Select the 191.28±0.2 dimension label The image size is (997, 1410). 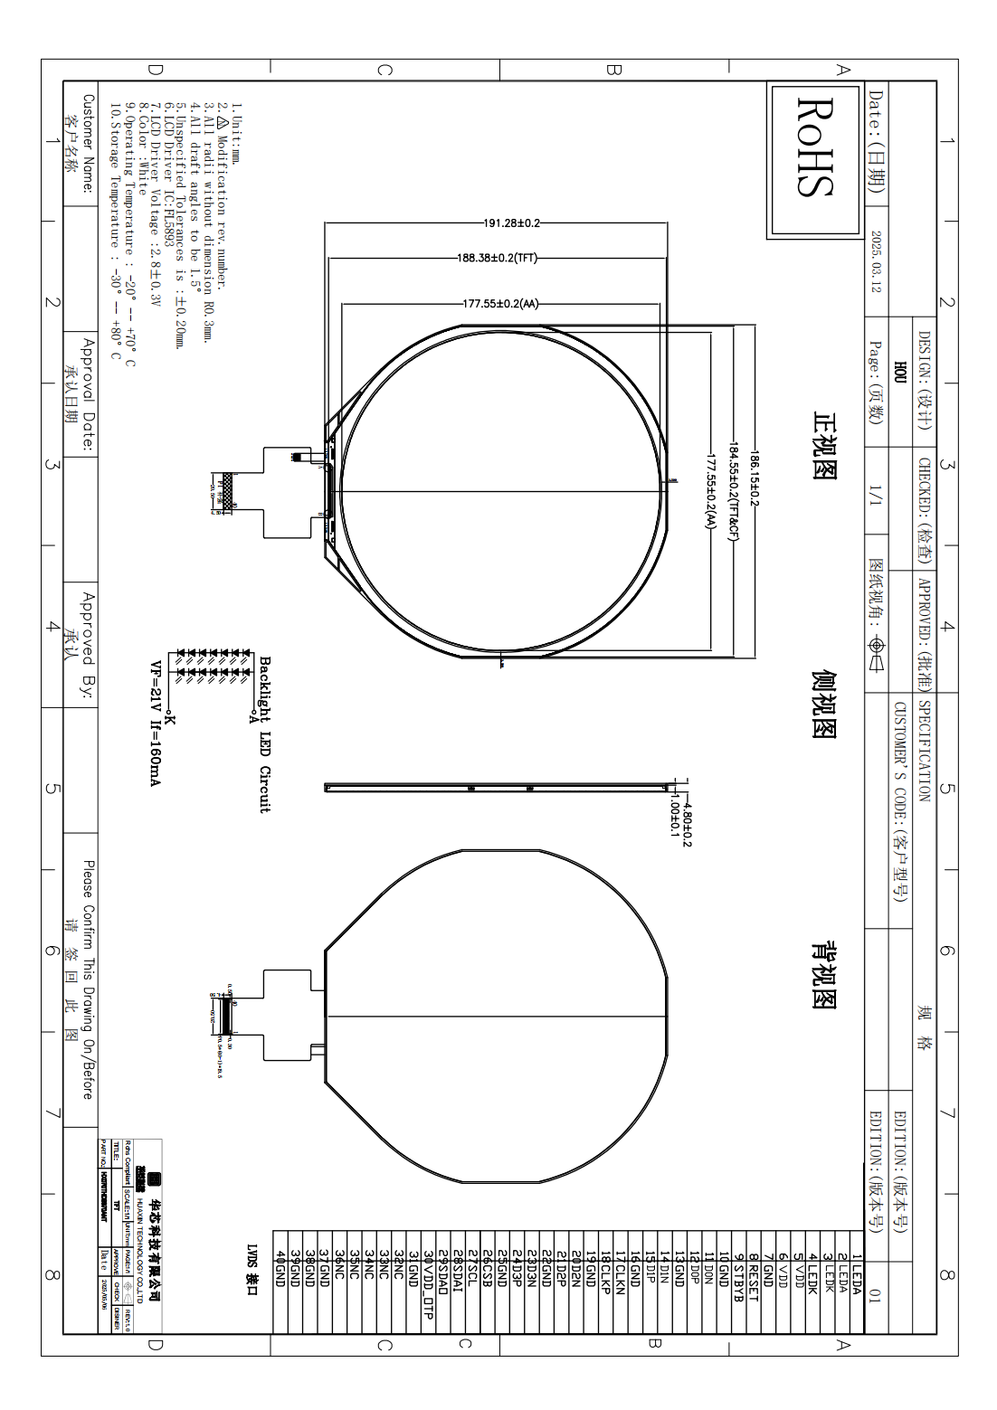[x=511, y=222]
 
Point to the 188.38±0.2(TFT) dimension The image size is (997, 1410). [x=497, y=258]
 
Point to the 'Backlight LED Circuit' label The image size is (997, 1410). [x=265, y=734]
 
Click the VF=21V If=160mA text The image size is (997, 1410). [x=155, y=724]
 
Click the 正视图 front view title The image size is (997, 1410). [x=824, y=446]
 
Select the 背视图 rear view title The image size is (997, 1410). [x=824, y=974]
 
